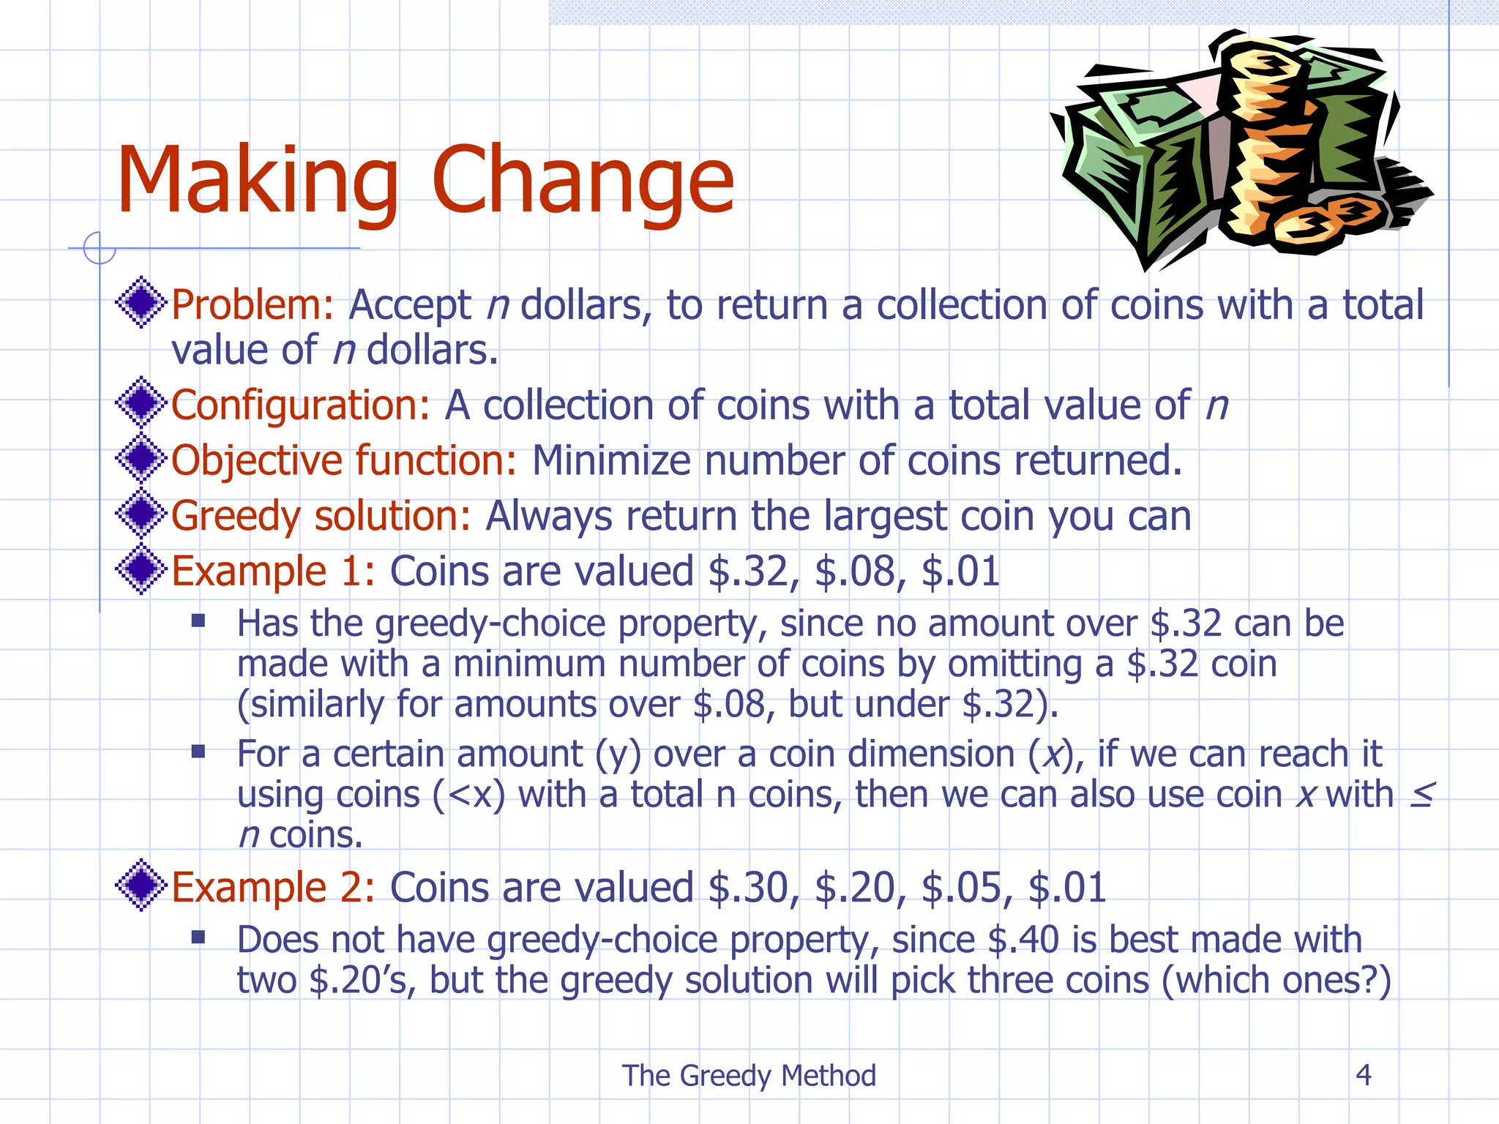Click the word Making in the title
pos(258,181)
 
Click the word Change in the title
pos(583,181)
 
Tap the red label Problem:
pos(253,305)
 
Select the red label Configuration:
pos(301,405)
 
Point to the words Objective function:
pos(344,461)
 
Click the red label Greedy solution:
pos(321,516)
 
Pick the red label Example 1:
pos(273,572)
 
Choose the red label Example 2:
pos(273,888)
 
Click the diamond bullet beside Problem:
pos(141,302)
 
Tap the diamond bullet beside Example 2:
pos(141,885)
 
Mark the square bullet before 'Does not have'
pos(198,937)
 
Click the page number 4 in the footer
pos(1363,1075)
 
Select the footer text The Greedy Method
pos(749,1076)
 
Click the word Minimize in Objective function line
pos(610,461)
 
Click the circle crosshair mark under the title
pos(99,247)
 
